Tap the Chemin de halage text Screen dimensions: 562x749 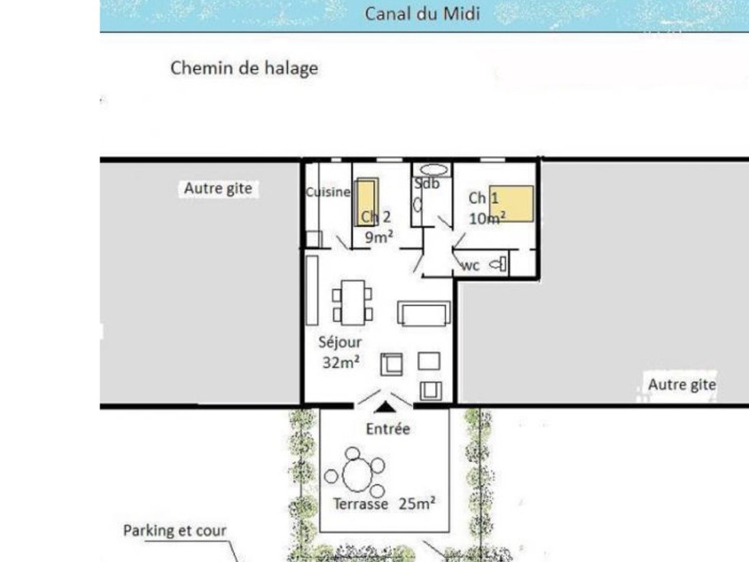pos(244,68)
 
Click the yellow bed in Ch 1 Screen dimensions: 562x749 pos(512,202)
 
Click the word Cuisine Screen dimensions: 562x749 pos(328,192)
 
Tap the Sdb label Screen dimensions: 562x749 pos(427,183)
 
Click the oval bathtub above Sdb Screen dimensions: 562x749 pos(430,170)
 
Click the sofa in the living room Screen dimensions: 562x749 pos(424,313)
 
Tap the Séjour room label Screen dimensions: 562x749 pos(339,341)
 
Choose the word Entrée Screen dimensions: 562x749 pos(387,429)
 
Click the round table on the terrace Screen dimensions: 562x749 pos(357,475)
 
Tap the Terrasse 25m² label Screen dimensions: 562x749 pos(384,504)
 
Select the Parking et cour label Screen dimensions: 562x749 pos(174,531)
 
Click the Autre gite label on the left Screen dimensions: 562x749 pos(217,189)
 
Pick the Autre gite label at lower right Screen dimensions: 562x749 pos(682,384)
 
